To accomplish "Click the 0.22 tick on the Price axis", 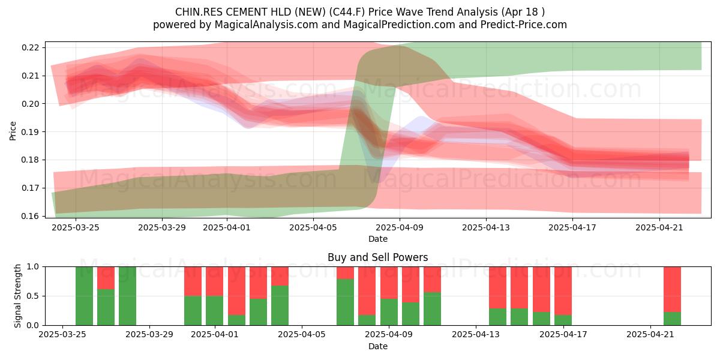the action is click(x=30, y=47).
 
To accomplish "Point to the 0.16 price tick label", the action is click(x=30, y=216).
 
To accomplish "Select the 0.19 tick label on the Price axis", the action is click(x=30, y=132).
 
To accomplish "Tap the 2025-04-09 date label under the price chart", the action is click(x=400, y=227).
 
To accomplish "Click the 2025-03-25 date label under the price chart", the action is click(x=76, y=227).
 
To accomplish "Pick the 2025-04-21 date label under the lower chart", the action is click(x=650, y=335).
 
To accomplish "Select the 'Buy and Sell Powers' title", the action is click(x=377, y=257).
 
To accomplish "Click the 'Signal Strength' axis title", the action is click(x=17, y=296).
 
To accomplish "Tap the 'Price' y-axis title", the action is click(x=13, y=131).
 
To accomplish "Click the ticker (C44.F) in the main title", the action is click(x=347, y=12).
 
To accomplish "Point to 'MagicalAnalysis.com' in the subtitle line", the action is click(x=266, y=25).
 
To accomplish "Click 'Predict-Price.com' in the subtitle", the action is click(x=524, y=25).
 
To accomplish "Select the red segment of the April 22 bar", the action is click(x=672, y=289).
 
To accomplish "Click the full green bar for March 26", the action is click(x=84, y=296).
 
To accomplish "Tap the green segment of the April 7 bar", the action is click(x=345, y=302).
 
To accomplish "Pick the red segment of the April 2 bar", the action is click(x=236, y=291).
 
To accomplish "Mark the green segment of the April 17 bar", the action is click(x=563, y=320).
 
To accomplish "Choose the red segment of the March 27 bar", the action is click(x=106, y=278).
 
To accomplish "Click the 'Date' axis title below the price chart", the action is click(x=377, y=239).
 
